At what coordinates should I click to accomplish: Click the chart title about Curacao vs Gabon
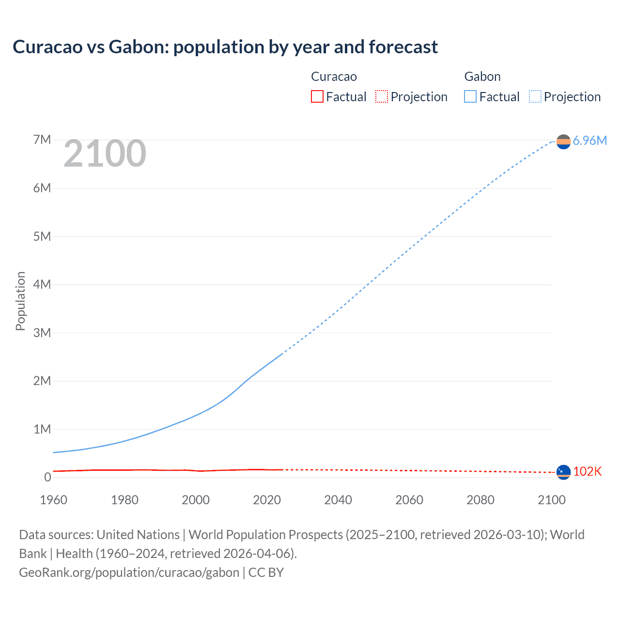click(x=225, y=47)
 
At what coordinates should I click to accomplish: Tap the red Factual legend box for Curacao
click(x=317, y=96)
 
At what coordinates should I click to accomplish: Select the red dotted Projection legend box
click(x=382, y=96)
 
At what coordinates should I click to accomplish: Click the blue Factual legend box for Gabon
click(x=470, y=96)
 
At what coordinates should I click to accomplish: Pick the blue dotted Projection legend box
click(x=535, y=96)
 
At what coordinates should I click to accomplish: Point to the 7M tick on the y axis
click(x=42, y=140)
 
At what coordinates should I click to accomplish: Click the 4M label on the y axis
click(x=42, y=284)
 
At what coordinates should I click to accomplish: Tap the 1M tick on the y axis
click(x=42, y=429)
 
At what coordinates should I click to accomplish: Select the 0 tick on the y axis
click(x=47, y=477)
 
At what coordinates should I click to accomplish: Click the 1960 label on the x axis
click(x=53, y=500)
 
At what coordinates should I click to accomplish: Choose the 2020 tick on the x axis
click(x=267, y=500)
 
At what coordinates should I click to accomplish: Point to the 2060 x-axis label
click(x=409, y=500)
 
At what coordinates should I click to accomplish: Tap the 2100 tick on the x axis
click(x=552, y=500)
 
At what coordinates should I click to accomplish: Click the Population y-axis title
click(x=20, y=301)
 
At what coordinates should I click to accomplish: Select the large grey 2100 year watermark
click(x=105, y=154)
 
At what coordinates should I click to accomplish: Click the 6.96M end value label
click(x=589, y=140)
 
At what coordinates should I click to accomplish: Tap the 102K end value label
click(x=587, y=471)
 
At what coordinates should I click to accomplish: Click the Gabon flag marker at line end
click(x=563, y=141)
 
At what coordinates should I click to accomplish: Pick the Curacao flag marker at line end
click(x=563, y=472)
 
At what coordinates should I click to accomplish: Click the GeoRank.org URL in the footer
click(x=129, y=573)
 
